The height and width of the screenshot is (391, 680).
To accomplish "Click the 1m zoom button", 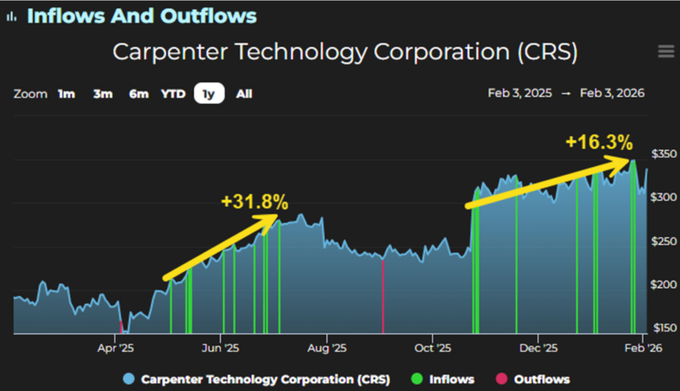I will (x=66, y=94).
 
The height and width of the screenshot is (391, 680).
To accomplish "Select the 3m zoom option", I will (x=103, y=94).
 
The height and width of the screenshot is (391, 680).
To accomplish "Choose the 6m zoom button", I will (x=138, y=94).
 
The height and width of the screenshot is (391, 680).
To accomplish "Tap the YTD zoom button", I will (x=173, y=94).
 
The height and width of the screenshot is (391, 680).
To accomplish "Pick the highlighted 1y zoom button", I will (x=209, y=94).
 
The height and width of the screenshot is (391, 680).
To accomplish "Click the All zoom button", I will (x=244, y=94).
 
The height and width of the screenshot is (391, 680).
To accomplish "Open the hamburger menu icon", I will (x=665, y=52).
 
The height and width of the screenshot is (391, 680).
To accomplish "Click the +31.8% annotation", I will (x=255, y=201).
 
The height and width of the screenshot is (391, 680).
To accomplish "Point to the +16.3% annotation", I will (x=599, y=142).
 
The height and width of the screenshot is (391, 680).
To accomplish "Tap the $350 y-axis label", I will (x=663, y=154).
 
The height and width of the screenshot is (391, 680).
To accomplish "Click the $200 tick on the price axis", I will (x=663, y=285).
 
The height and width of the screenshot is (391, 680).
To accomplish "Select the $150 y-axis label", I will (x=663, y=327).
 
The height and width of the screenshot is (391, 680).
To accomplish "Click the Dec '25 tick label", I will (x=539, y=348).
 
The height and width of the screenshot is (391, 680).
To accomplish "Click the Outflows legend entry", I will (x=541, y=379).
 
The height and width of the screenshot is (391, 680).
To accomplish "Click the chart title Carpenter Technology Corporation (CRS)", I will (x=345, y=52).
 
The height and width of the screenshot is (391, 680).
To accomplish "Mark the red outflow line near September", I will (x=383, y=296).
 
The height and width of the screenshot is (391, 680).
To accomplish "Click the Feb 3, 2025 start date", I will (x=519, y=94).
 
